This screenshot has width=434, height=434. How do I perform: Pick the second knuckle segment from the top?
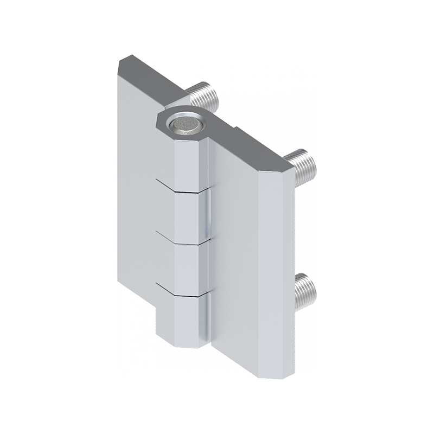[190, 214]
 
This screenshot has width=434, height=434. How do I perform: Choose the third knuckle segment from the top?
[190, 266]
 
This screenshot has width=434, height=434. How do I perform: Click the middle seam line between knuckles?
[182, 239]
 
